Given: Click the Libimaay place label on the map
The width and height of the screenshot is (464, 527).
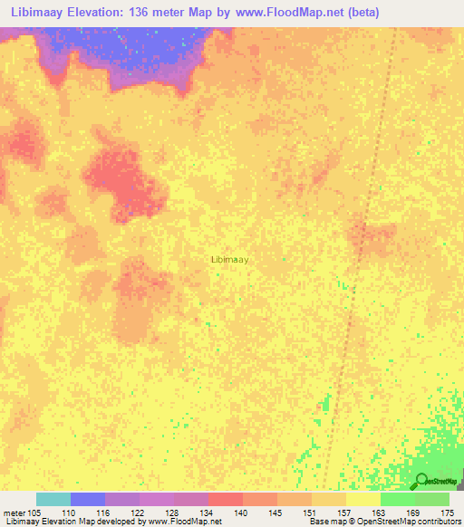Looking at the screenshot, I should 230,259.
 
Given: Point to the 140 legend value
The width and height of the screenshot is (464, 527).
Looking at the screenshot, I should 242,512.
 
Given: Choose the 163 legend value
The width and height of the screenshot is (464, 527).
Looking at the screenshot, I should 380,512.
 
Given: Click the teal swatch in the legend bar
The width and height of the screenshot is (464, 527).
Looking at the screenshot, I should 53,499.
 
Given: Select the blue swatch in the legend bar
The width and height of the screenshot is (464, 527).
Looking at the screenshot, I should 88,499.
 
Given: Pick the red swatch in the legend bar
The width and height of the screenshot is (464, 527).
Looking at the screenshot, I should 225,499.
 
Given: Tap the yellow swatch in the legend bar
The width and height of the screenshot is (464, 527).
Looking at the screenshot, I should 362,499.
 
